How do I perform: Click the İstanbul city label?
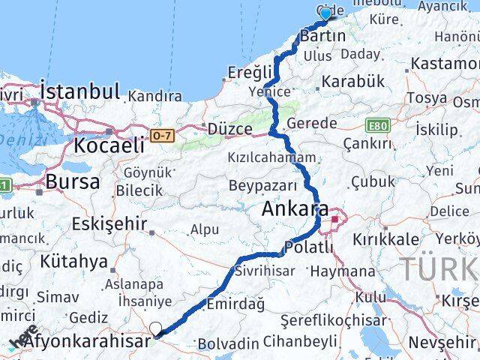80,93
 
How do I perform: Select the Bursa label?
72,181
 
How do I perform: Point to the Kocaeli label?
109,145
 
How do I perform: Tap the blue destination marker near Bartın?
325,14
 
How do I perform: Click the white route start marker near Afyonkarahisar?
156,328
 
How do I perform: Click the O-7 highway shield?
162,135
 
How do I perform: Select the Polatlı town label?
309,247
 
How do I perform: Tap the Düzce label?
229,129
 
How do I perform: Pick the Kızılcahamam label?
276,157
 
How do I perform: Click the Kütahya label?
74,262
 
